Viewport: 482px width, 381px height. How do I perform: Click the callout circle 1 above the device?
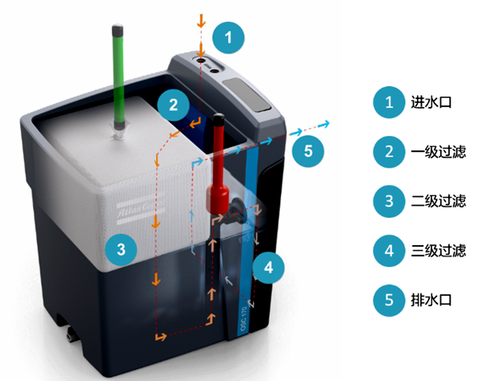pyautogui.click(x=228, y=36)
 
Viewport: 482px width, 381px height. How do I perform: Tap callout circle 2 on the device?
pyautogui.click(x=173, y=103)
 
